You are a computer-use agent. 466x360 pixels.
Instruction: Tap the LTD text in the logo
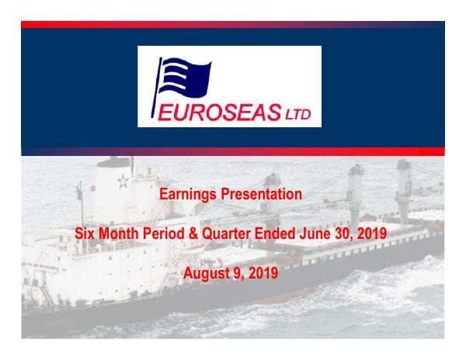point(297,116)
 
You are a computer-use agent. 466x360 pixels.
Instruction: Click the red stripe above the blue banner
point(233,25)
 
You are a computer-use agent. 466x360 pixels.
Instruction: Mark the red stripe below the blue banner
point(233,151)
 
